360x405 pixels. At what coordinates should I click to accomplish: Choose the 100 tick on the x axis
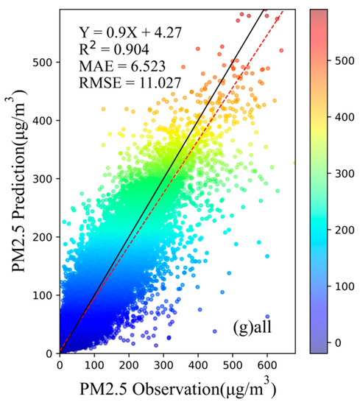94,363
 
